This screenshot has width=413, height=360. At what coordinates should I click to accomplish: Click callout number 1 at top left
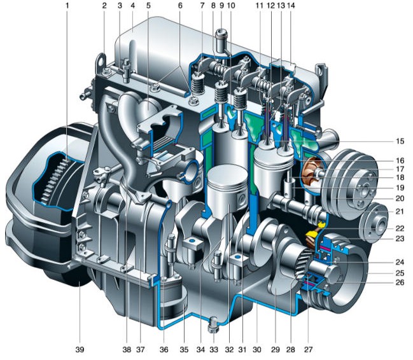tap(67, 6)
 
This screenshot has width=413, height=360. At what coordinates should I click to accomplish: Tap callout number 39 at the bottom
tap(80, 349)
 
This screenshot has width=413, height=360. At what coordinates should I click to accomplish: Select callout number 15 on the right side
tap(400, 141)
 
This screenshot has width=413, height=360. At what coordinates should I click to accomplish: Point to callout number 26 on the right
tap(400, 282)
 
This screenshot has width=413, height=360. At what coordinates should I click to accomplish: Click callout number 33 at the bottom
tap(214, 349)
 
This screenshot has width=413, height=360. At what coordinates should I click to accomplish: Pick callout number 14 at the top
tap(291, 6)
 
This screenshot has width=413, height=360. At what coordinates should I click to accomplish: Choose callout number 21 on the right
tap(400, 211)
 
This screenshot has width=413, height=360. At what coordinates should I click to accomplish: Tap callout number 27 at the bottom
tap(308, 349)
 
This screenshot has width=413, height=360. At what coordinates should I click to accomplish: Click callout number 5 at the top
tap(148, 6)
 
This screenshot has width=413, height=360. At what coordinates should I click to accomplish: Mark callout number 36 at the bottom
tap(164, 349)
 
